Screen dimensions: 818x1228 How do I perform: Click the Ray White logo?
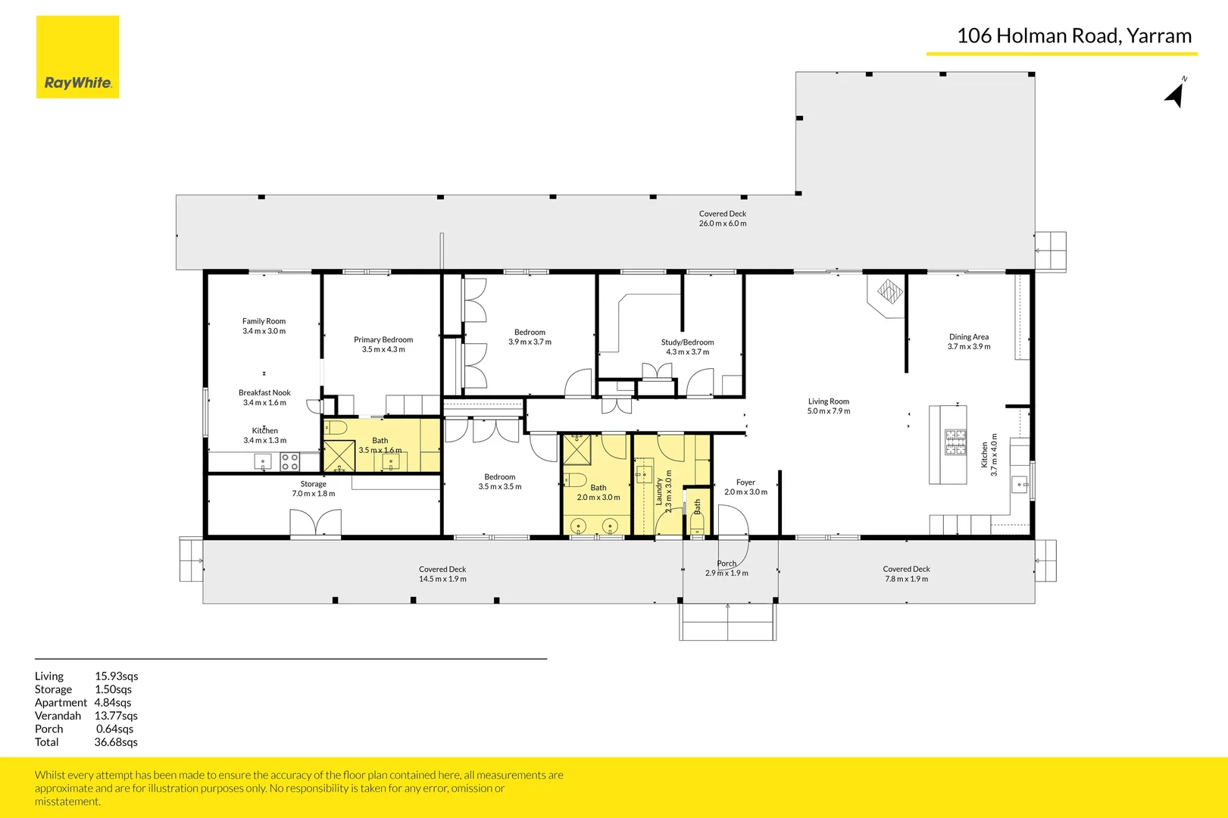(77, 58)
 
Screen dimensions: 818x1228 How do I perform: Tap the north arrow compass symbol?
(1175, 94)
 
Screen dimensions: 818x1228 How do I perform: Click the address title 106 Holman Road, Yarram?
(1073, 36)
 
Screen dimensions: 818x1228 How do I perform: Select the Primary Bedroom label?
(383, 340)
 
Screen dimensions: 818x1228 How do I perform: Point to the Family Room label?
(264, 321)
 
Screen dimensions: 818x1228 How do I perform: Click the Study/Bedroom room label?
(687, 342)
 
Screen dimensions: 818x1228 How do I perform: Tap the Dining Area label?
(968, 337)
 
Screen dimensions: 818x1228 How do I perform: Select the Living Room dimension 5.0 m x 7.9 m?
(828, 411)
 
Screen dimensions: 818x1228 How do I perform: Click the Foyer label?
(745, 482)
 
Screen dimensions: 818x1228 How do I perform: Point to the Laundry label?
(659, 491)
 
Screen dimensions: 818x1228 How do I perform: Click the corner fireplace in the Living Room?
(889, 292)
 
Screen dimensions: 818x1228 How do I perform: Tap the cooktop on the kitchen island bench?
(955, 442)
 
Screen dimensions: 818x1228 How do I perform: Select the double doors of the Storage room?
(315, 523)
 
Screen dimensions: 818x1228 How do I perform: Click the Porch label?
(726, 564)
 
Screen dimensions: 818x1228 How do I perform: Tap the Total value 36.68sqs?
(116, 742)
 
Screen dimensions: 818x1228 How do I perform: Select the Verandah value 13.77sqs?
(116, 716)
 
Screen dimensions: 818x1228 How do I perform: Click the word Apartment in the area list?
(61, 703)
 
